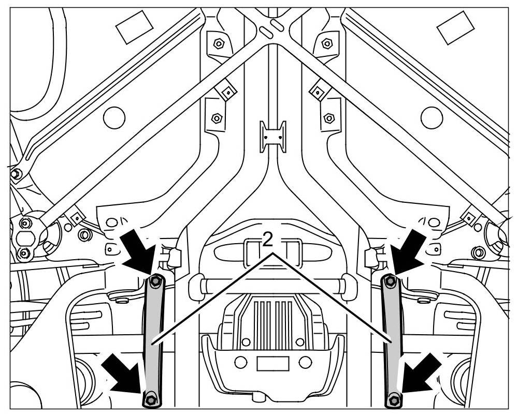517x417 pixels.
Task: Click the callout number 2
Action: tap(268, 239)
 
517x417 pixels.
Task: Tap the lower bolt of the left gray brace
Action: tap(150, 399)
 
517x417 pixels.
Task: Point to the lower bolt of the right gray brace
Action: tap(394, 399)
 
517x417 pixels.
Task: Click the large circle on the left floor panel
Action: tap(114, 117)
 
